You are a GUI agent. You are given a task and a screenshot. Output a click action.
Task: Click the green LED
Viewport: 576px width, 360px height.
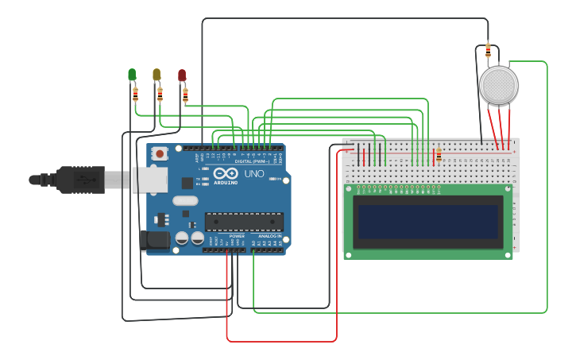click(x=132, y=75)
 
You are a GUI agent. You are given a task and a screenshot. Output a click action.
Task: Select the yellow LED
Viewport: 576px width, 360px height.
click(x=157, y=75)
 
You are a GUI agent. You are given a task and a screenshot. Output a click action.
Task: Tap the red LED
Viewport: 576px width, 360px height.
click(x=182, y=75)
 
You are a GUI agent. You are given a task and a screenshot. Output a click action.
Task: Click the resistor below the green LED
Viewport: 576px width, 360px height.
click(x=135, y=94)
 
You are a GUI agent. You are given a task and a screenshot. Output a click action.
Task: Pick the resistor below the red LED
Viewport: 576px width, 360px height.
click(x=185, y=95)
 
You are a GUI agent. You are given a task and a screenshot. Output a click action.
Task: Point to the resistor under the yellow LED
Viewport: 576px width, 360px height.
click(x=160, y=95)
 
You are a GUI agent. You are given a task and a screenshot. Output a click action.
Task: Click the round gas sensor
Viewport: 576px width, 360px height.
click(x=499, y=85)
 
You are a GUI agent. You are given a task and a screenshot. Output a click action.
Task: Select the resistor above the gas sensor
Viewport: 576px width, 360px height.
click(x=488, y=50)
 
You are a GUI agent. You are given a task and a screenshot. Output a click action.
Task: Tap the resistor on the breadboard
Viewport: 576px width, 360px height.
click(x=438, y=154)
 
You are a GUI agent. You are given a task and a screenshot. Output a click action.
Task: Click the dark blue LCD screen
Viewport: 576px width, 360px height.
click(x=428, y=222)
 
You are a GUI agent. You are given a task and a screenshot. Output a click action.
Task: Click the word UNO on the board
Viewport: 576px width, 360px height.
click(x=254, y=174)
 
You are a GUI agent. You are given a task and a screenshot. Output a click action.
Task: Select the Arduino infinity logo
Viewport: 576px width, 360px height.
click(x=225, y=173)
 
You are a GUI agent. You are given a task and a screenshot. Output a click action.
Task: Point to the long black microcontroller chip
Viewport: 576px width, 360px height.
click(x=244, y=222)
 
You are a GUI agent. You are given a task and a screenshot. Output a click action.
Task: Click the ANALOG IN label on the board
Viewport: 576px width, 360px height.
click(x=269, y=236)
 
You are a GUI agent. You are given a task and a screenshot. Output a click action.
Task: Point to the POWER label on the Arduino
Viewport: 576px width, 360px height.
click(x=237, y=236)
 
